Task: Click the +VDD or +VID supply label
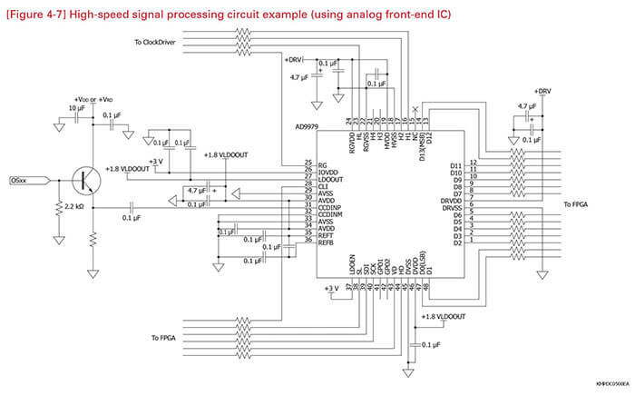click(x=93, y=98)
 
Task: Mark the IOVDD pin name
click(x=328, y=171)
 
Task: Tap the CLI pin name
click(x=323, y=184)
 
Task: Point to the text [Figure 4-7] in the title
click(x=35, y=15)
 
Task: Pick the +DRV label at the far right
click(x=542, y=92)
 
